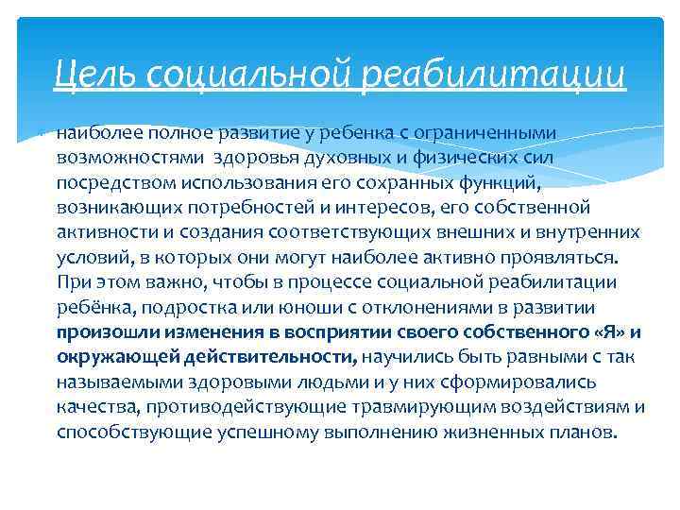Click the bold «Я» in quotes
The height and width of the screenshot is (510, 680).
609,331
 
